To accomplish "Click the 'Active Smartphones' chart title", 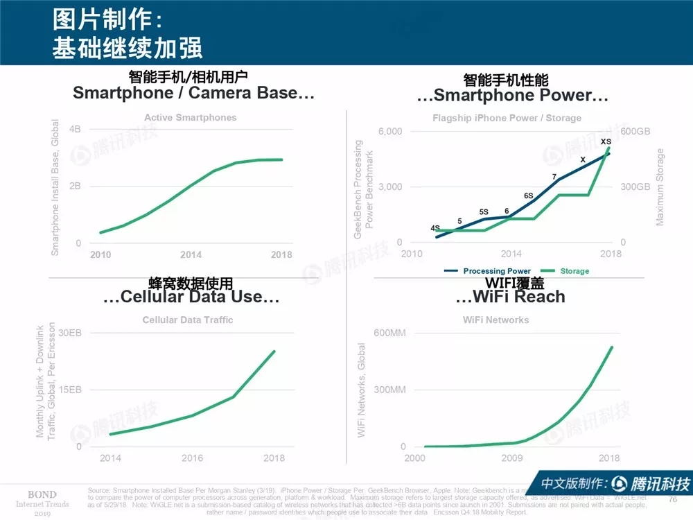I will [190, 118].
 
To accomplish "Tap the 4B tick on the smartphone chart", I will [75, 129].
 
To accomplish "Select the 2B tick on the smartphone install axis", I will [75, 186].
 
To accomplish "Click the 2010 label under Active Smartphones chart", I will [100, 254].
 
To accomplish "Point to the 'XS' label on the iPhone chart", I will [606, 142].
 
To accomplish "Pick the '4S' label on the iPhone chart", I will [435, 228].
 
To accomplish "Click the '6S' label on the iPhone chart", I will [529, 196].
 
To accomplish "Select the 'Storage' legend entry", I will [574, 271].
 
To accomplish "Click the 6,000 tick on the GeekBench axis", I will [389, 132].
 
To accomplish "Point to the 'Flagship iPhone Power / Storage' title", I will [507, 118].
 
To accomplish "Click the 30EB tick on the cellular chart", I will [70, 333].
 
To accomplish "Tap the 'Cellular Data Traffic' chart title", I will [188, 320].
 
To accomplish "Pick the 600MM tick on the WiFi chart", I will [389, 333].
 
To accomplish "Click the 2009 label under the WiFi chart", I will [512, 458].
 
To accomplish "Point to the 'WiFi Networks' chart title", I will [495, 320].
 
